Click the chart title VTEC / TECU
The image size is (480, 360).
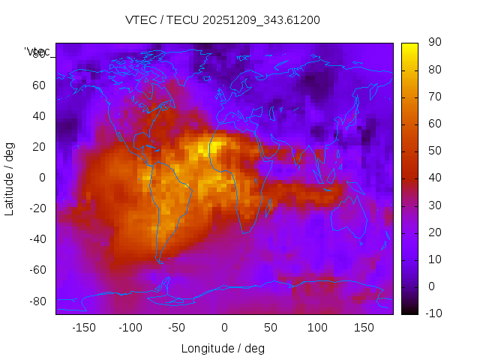click(223, 20)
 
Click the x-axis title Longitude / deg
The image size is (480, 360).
click(223, 348)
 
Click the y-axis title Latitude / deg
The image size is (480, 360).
click(10, 178)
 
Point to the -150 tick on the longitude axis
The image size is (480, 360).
click(83, 327)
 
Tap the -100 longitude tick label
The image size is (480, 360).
click(130, 327)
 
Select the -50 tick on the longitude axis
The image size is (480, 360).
click(177, 327)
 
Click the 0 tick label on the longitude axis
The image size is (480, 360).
click(224, 327)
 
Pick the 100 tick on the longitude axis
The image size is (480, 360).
click(317, 327)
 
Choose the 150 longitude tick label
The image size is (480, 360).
click(364, 327)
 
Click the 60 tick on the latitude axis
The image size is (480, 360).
click(39, 85)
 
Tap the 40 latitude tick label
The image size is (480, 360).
click(39, 116)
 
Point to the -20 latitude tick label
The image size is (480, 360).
click(37, 208)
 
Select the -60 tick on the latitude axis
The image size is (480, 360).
click(37, 270)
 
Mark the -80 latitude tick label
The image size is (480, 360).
click(37, 301)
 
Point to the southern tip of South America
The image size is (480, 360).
click(160, 261)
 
